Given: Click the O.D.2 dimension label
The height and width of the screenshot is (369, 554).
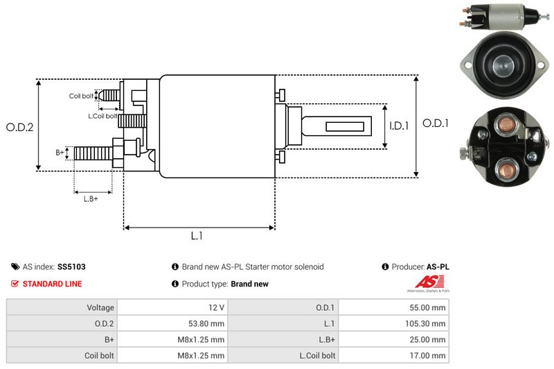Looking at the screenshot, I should [20, 127].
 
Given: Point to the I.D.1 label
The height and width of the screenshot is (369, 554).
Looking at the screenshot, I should [399, 126].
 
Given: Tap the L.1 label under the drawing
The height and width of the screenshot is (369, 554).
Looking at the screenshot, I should [197, 236].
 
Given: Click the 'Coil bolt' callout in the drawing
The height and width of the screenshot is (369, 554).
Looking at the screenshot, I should [81, 96].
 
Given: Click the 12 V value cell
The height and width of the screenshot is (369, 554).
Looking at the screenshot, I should [216, 307].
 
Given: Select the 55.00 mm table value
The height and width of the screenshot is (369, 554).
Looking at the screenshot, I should [429, 307].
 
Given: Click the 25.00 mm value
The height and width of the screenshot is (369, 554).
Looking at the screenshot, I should [429, 339].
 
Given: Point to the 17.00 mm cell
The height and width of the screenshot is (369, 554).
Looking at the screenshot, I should [429, 355].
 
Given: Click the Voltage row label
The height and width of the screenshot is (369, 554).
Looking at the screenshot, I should [100, 307].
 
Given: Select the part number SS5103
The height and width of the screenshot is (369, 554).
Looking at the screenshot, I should [72, 266].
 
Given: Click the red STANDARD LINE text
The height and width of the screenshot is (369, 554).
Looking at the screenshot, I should [52, 284].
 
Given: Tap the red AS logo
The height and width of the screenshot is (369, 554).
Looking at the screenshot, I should [425, 282].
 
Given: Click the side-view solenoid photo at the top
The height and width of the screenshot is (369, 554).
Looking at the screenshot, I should [499, 16].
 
